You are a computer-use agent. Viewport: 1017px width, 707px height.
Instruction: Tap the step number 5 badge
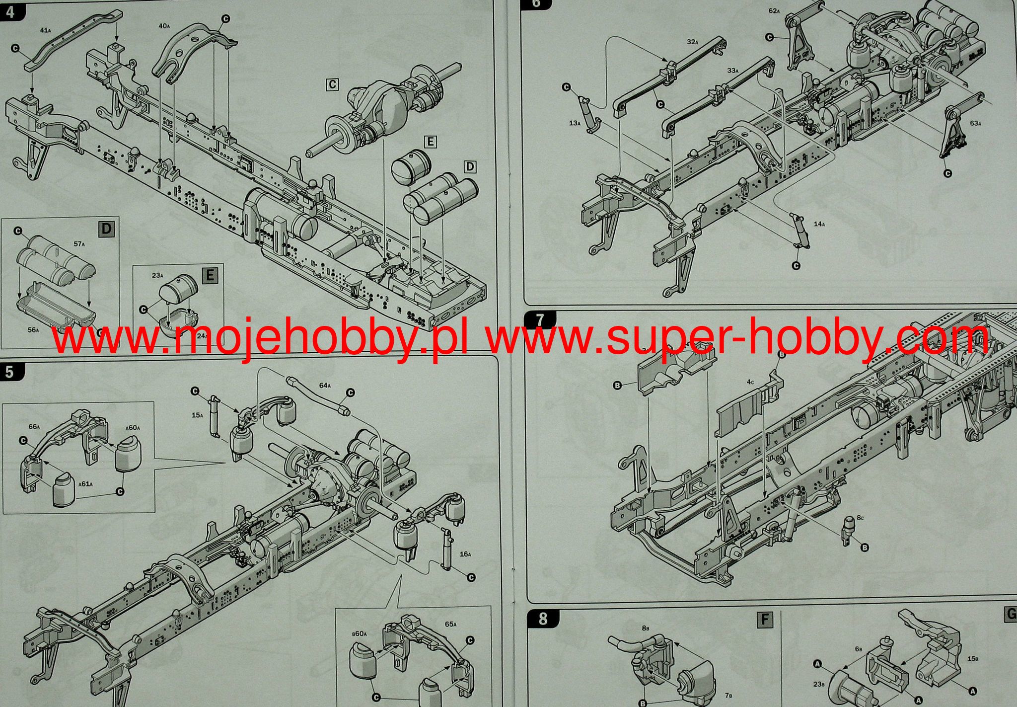click(x=9, y=371)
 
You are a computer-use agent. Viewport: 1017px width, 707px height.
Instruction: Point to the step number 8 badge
click(x=543, y=619)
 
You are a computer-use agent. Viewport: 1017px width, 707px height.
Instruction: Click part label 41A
click(x=45, y=30)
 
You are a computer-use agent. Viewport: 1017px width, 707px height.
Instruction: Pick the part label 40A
click(x=164, y=25)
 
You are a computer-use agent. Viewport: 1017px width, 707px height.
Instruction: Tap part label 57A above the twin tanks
click(x=79, y=244)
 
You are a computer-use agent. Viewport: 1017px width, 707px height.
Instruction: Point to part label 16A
click(x=465, y=553)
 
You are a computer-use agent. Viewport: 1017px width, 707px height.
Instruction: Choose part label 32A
click(x=693, y=42)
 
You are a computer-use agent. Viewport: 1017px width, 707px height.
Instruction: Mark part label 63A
click(x=975, y=123)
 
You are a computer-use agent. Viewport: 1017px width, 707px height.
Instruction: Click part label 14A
click(x=819, y=224)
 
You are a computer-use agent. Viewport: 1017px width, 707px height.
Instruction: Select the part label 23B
click(x=819, y=684)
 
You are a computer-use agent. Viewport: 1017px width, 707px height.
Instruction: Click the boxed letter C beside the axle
click(x=332, y=84)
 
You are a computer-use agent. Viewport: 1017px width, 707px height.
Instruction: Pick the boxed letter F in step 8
click(x=765, y=620)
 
